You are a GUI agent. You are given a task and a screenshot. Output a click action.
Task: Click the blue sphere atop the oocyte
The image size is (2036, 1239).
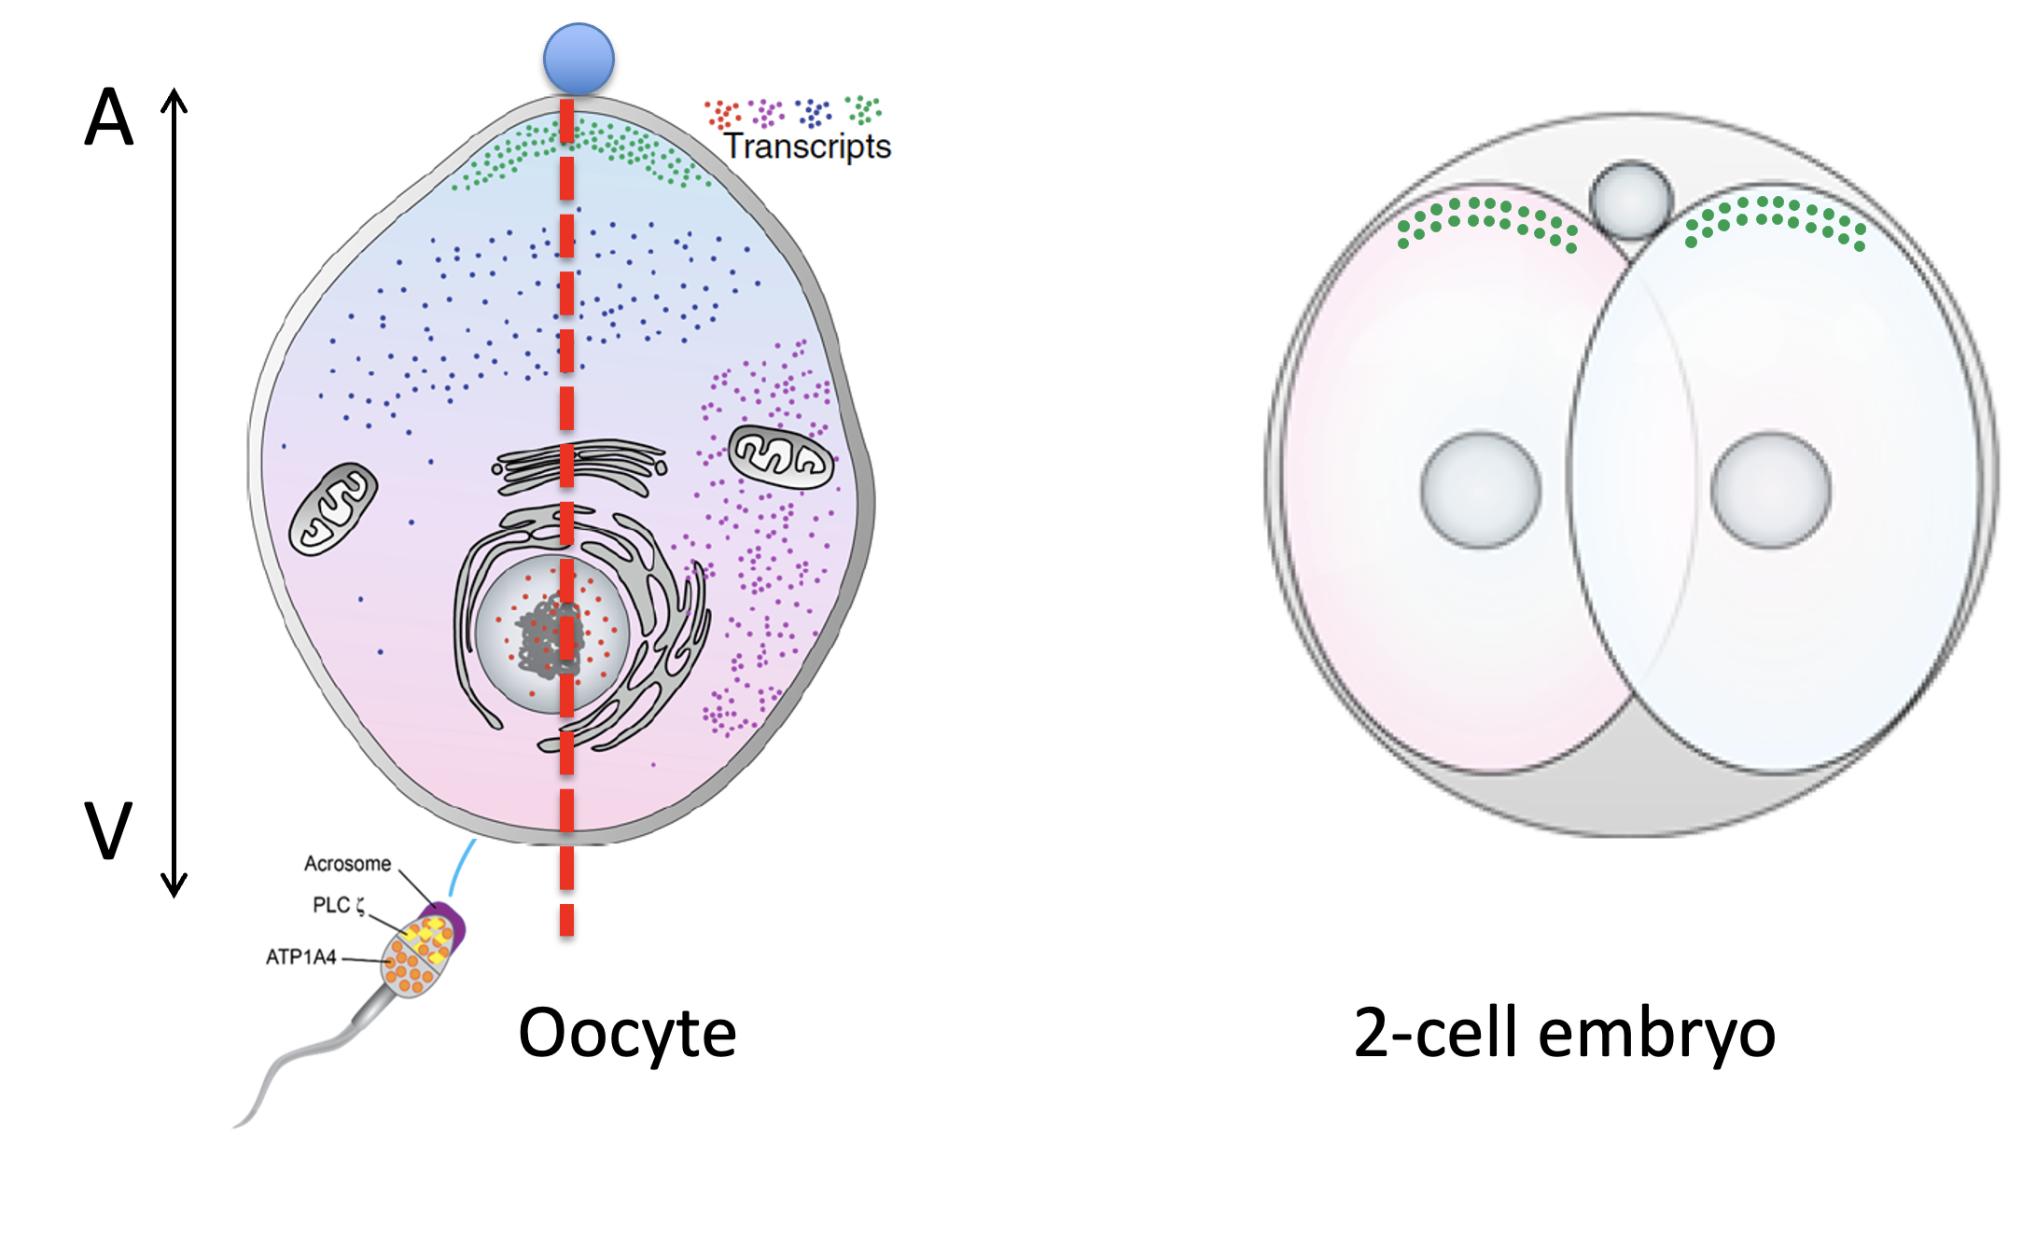(579, 59)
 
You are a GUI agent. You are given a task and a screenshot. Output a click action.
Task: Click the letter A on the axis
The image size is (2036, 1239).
(109, 118)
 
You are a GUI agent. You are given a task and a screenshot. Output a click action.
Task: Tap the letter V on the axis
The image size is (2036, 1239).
(108, 830)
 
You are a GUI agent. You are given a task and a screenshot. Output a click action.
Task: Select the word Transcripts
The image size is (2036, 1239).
(807, 147)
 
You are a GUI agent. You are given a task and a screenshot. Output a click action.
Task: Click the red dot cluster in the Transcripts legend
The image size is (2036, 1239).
(723, 114)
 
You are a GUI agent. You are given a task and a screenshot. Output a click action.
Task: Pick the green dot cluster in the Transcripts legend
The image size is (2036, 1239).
(863, 109)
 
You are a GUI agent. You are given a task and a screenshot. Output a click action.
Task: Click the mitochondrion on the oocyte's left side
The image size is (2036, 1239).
(333, 509)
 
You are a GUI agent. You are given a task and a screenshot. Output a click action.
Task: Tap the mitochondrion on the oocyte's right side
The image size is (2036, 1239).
(781, 456)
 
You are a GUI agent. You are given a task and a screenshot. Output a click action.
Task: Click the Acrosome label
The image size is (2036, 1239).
(347, 864)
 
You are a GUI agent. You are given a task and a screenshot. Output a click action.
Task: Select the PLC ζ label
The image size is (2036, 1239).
(338, 905)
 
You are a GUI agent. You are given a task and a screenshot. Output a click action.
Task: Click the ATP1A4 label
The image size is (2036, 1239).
(300, 957)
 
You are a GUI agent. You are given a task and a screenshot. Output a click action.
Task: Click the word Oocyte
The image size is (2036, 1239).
(627, 1034)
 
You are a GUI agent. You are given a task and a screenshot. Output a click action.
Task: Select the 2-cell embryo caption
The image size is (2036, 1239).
(1564, 1034)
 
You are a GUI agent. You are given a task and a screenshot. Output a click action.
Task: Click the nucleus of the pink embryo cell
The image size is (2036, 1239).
(1481, 490)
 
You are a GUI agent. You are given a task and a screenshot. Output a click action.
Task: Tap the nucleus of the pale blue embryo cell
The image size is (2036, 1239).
(1771, 490)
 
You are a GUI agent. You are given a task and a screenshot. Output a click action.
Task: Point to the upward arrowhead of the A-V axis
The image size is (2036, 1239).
(174, 98)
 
